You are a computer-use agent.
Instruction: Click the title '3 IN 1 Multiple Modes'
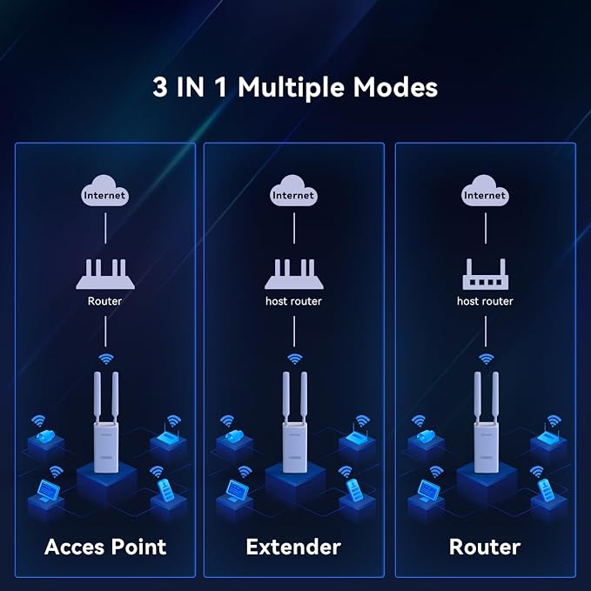pos(295,87)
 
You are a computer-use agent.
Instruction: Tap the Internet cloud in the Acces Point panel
pos(104,191)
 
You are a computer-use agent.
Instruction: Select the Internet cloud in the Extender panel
pos(293,191)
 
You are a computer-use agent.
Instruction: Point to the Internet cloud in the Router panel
pos(485,191)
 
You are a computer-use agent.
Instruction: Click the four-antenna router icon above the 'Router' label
pos(105,274)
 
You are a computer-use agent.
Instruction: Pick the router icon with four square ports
pos(486,274)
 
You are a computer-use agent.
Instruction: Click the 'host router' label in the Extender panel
pos(293,301)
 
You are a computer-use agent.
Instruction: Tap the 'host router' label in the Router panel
pos(485,301)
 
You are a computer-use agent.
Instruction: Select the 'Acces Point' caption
pos(105,547)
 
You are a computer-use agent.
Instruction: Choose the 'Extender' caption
pos(293,547)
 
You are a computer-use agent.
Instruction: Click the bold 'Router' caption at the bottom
pos(485,547)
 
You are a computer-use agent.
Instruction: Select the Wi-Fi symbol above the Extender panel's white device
pos(294,359)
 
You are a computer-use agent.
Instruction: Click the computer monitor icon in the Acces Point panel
pos(49,491)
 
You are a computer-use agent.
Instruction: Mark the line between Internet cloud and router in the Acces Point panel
pos(105,228)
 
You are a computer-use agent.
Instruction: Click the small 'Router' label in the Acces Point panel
pos(104,301)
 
